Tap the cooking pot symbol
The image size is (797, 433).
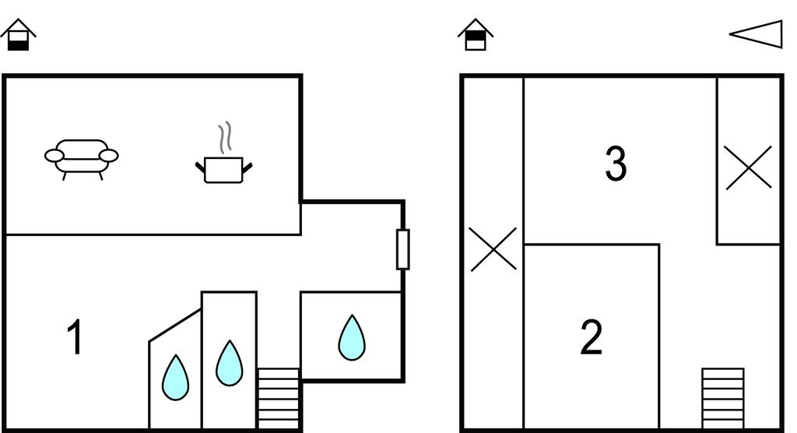(223, 170)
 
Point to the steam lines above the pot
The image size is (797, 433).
(225, 137)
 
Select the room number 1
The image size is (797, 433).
(75, 336)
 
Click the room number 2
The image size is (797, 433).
(592, 336)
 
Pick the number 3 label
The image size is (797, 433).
(616, 164)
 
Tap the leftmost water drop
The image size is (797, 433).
(175, 377)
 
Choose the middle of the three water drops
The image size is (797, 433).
(230, 363)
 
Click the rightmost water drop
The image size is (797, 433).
(352, 337)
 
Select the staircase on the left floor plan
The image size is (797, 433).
(279, 399)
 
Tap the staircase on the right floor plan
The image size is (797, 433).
(723, 399)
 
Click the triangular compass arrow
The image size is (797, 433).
(756, 34)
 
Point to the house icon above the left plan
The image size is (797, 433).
(19, 34)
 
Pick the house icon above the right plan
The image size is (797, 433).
(476, 34)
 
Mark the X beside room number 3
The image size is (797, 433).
(748, 168)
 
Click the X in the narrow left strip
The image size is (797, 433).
(493, 248)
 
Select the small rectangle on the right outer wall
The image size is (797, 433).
(403, 249)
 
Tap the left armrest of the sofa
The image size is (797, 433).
(54, 155)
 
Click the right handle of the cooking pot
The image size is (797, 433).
(248, 167)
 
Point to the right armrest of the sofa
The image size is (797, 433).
(108, 155)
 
